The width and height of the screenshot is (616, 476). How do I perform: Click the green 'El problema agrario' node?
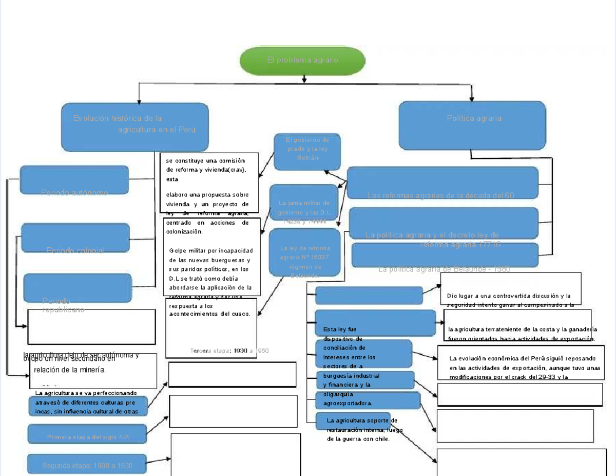coord(302,61)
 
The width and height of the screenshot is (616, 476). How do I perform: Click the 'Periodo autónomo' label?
coord(74,193)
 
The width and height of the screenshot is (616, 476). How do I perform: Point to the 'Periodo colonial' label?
coord(75,250)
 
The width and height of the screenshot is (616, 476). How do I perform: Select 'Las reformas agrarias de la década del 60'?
coord(440,195)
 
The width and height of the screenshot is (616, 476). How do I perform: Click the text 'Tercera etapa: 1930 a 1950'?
coord(229,351)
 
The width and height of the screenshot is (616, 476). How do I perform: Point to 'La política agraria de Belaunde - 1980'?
coord(444,269)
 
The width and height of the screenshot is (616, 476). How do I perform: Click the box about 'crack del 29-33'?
coord(521,368)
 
